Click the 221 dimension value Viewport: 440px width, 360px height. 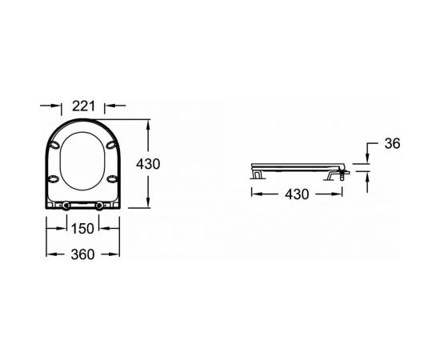coord(84,106)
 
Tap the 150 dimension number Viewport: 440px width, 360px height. coord(82,229)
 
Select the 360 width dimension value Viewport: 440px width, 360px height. coord(82,254)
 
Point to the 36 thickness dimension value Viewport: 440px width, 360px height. coord(392,144)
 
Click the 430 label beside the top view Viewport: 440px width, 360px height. coord(148,164)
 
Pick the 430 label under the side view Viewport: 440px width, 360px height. coord(297,194)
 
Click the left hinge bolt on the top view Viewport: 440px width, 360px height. coord(66,206)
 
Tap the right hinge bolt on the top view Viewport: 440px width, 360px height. coord(99,206)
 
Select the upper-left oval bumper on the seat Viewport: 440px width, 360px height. coord(54,145)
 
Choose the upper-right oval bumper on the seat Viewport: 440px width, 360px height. coord(111,145)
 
